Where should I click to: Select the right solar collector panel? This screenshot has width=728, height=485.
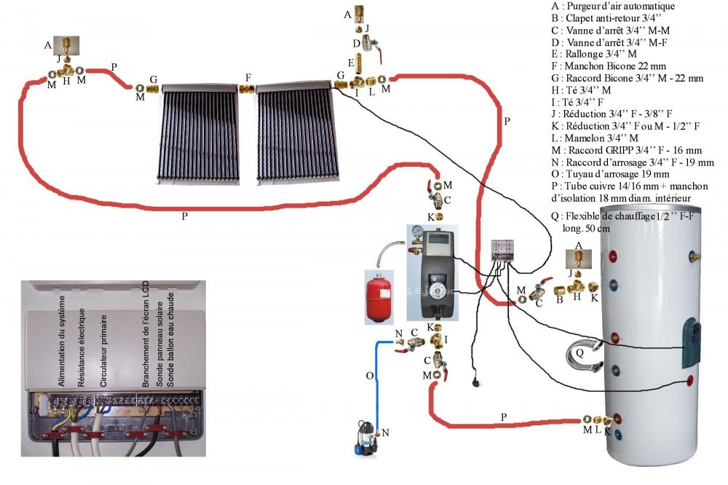pyautogui.click(x=297, y=135)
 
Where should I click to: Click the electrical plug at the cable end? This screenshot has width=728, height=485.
pyautogui.click(x=476, y=381)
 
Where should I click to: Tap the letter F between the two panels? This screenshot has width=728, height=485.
pyautogui.click(x=248, y=76)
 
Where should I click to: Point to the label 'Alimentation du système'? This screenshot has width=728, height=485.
pyautogui.click(x=63, y=342)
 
